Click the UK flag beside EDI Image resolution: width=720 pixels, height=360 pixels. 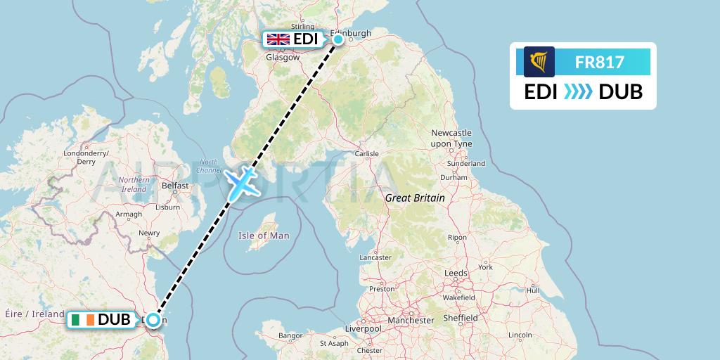(278, 39)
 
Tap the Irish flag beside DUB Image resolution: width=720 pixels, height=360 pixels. (82, 320)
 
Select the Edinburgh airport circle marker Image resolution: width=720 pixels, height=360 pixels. (338, 39)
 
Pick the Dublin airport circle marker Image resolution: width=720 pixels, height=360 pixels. (152, 319)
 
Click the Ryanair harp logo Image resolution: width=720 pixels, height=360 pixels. (539, 62)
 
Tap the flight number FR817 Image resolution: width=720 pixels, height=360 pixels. (599, 63)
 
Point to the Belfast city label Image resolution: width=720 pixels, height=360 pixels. (175, 186)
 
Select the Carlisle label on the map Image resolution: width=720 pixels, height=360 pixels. (366, 153)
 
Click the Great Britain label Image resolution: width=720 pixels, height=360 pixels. (415, 198)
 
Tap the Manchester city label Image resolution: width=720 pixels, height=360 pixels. (411, 321)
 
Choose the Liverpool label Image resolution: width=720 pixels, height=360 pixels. (363, 328)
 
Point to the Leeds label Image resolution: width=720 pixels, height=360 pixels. (456, 273)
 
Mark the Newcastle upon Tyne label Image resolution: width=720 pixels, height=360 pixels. (451, 138)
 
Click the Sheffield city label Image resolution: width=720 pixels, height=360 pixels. (460, 319)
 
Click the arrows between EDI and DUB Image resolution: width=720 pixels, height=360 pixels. (578, 92)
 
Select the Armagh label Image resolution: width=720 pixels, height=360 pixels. (128, 214)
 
